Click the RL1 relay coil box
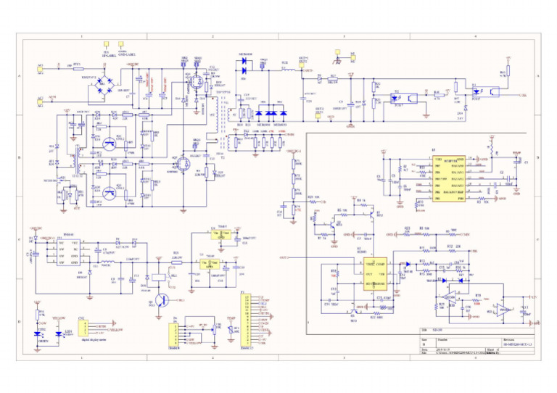157,276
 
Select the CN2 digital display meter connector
83,330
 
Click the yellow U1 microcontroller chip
442,179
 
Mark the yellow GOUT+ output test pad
338,52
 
